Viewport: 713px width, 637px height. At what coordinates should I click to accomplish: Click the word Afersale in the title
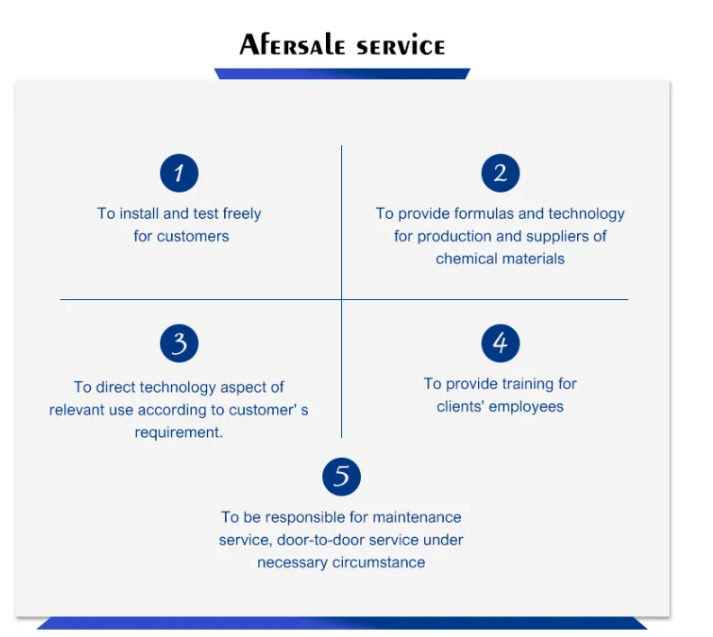tap(292, 44)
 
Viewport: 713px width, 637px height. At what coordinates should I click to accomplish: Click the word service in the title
tap(401, 48)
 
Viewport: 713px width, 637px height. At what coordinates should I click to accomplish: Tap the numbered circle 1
tap(179, 173)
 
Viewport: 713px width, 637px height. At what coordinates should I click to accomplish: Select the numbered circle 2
tap(501, 173)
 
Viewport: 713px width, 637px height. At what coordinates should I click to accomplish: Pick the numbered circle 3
tap(179, 343)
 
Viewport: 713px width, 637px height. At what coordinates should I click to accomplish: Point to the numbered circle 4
tap(501, 343)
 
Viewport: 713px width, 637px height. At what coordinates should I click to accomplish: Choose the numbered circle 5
tap(341, 477)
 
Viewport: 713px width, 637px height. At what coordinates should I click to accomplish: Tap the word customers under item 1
tap(193, 236)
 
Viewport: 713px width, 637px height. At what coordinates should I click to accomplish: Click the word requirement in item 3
tap(177, 432)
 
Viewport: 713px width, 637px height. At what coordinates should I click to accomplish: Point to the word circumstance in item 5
tap(379, 562)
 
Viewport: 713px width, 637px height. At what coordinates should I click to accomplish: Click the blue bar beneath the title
tap(342, 74)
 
